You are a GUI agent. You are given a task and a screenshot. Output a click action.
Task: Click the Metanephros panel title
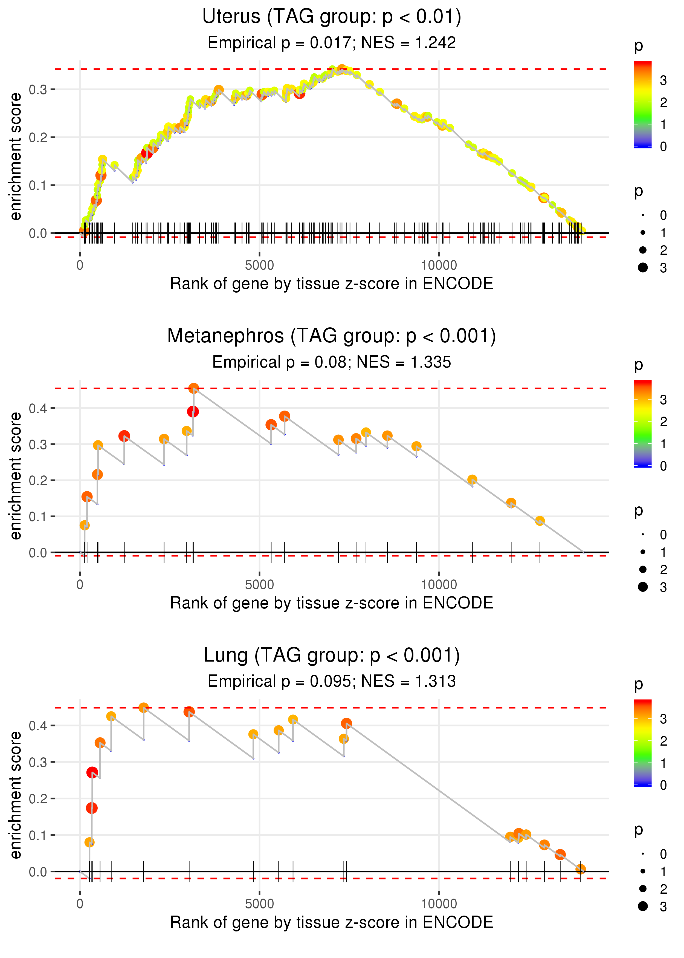332,336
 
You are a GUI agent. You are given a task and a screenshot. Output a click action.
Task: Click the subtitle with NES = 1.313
332,681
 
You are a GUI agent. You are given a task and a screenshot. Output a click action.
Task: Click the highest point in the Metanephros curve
194,388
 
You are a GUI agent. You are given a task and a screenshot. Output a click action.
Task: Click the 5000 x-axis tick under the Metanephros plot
259,584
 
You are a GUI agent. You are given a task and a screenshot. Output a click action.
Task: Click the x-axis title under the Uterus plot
332,284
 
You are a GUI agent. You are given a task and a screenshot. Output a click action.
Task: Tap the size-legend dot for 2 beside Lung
643,888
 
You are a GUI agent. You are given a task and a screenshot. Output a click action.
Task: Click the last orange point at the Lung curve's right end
580,869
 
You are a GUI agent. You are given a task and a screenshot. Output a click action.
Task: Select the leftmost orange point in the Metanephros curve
85,525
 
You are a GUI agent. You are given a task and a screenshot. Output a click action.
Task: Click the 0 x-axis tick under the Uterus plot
80,266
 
